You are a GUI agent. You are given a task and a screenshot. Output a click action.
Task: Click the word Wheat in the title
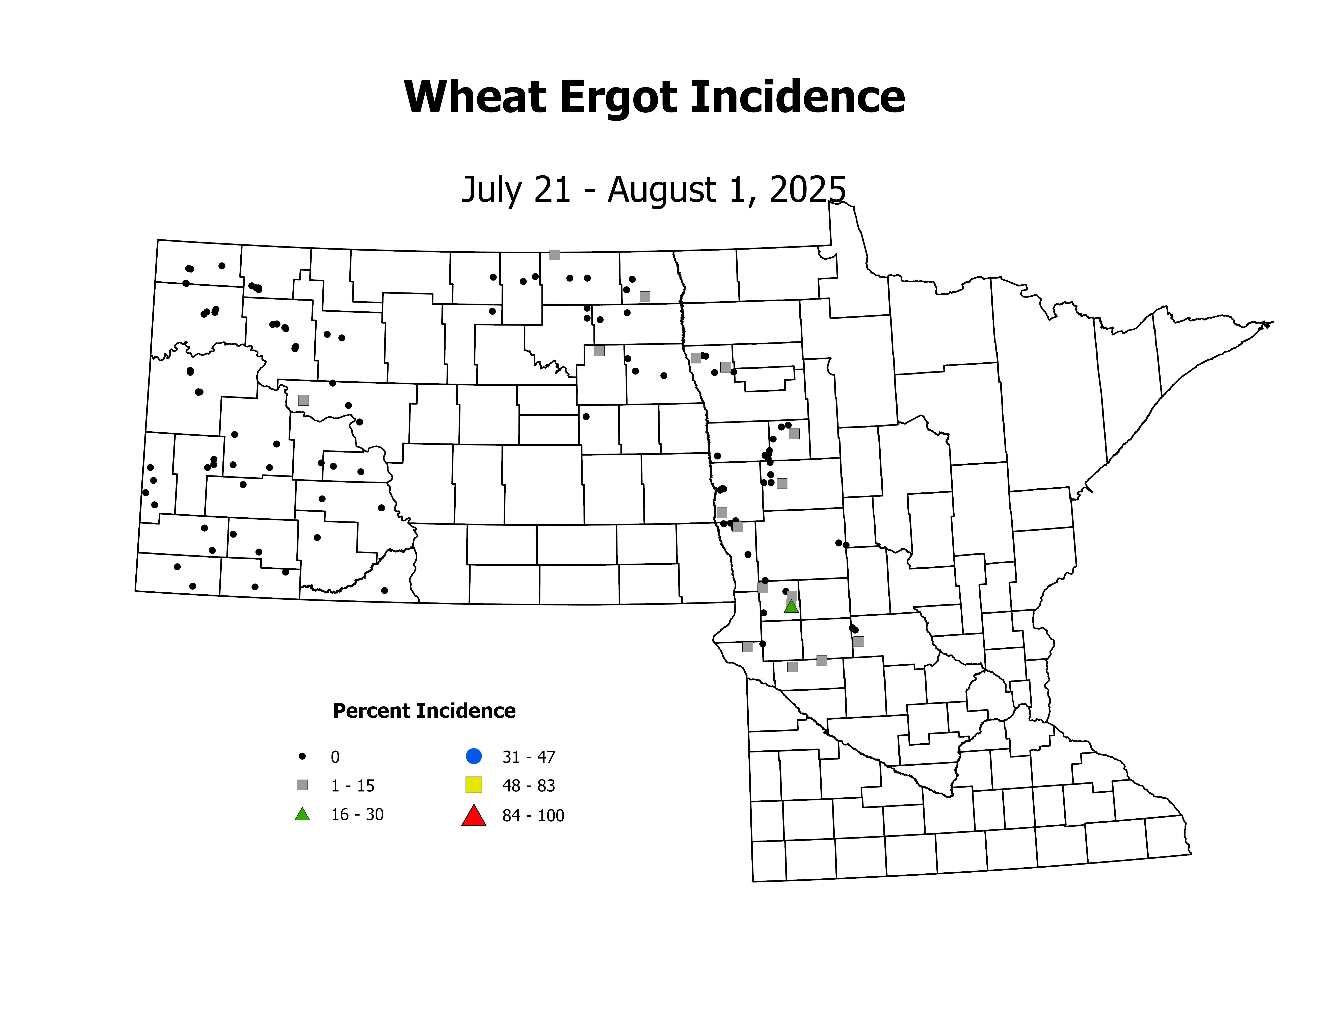coord(475,97)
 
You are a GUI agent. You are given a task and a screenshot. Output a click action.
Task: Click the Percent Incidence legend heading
coord(424,711)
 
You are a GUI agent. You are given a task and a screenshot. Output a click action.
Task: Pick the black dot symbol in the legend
coord(302,756)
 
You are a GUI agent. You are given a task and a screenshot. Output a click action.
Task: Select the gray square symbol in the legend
coord(302,785)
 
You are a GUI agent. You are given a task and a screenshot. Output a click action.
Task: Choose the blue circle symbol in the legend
coord(474,756)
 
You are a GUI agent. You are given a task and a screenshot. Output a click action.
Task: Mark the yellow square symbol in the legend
coord(474,785)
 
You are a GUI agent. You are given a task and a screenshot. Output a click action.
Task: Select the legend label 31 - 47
coord(529,757)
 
